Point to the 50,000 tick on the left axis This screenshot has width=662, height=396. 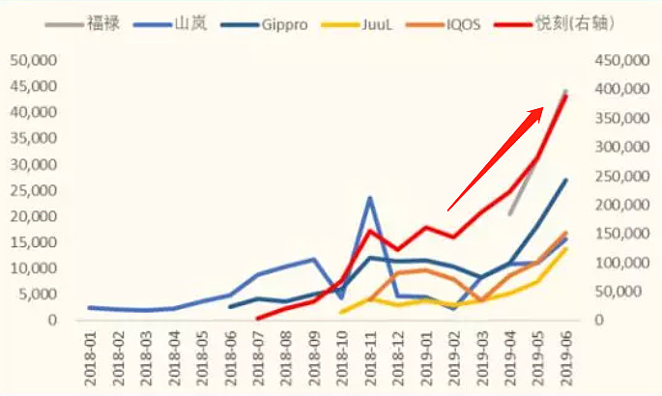tap(32, 61)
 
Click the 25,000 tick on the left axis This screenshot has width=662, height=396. tap(32, 190)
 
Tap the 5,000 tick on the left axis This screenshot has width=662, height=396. tap(36, 295)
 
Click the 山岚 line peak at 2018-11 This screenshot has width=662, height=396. tap(369, 198)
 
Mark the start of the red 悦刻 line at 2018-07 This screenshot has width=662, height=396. tap(257, 317)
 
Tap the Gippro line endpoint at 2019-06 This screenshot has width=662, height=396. tap(566, 180)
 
